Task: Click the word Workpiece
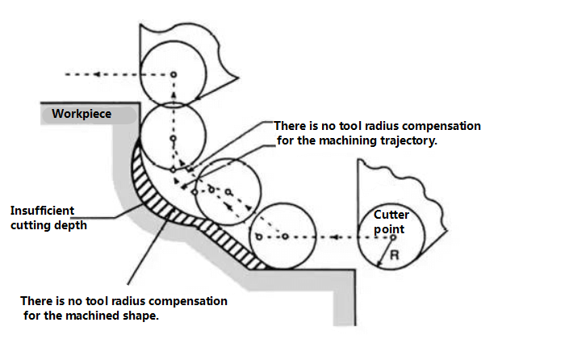82,114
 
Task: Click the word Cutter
391,216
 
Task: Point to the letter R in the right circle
394,254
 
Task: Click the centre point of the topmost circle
172,75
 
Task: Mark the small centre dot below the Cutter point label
393,237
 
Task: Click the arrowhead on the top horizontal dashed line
97,75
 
